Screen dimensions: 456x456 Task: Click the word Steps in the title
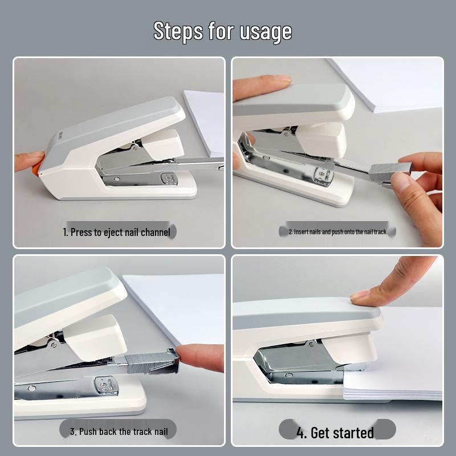click(178, 31)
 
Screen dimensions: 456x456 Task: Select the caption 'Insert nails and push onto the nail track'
click(337, 232)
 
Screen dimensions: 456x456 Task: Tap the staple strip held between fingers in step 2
click(391, 169)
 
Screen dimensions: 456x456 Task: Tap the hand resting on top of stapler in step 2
click(259, 85)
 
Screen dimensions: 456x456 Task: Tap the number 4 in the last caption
click(301, 433)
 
